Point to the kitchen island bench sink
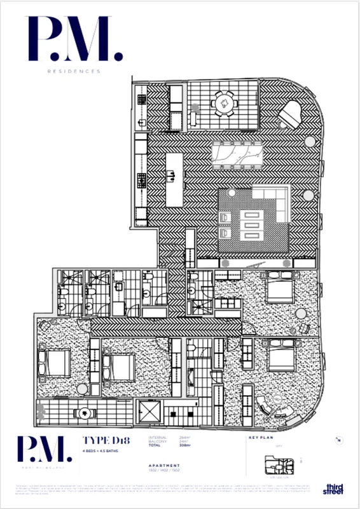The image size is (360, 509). [171, 174]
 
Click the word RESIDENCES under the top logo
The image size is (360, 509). [74, 72]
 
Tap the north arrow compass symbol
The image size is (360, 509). [336, 440]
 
